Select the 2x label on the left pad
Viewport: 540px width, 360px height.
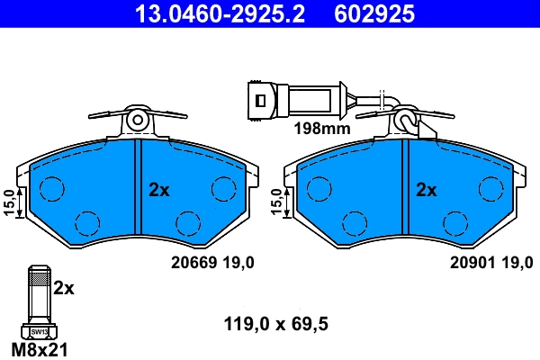(159, 190)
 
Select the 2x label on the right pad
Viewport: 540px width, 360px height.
(426, 190)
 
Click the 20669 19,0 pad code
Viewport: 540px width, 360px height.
(212, 262)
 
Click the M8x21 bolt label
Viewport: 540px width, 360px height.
(40, 348)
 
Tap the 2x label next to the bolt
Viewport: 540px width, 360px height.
(63, 289)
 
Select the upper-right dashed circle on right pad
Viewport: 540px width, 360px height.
(490, 187)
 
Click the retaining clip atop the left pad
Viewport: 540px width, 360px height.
(137, 118)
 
